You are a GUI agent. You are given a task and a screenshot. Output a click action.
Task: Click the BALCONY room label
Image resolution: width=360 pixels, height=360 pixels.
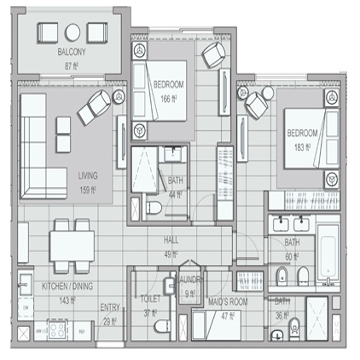click(71, 52)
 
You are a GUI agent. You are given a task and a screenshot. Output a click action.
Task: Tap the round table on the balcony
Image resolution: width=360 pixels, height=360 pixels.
click(72, 32)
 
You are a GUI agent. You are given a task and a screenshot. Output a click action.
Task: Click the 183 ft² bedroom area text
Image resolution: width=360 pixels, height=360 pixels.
click(303, 148)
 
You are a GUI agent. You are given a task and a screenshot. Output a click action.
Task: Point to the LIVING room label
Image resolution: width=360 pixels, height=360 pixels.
click(88, 176)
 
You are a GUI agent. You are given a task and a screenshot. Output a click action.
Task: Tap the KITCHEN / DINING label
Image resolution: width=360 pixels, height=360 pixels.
click(67, 286)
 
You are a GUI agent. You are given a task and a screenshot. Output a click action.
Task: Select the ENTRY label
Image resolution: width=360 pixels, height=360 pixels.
click(110, 307)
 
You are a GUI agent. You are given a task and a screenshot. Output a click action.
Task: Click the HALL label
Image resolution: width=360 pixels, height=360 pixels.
click(171, 240)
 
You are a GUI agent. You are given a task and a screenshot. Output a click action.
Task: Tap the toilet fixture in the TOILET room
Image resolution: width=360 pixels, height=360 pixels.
click(163, 326)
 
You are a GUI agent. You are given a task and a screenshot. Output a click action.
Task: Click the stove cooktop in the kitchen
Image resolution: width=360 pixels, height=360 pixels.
click(57, 330)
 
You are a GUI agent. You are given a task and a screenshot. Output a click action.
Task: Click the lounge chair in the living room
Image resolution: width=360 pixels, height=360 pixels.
click(94, 107)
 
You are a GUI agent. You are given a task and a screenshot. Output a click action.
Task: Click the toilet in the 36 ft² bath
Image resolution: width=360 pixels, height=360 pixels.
click(294, 329)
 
